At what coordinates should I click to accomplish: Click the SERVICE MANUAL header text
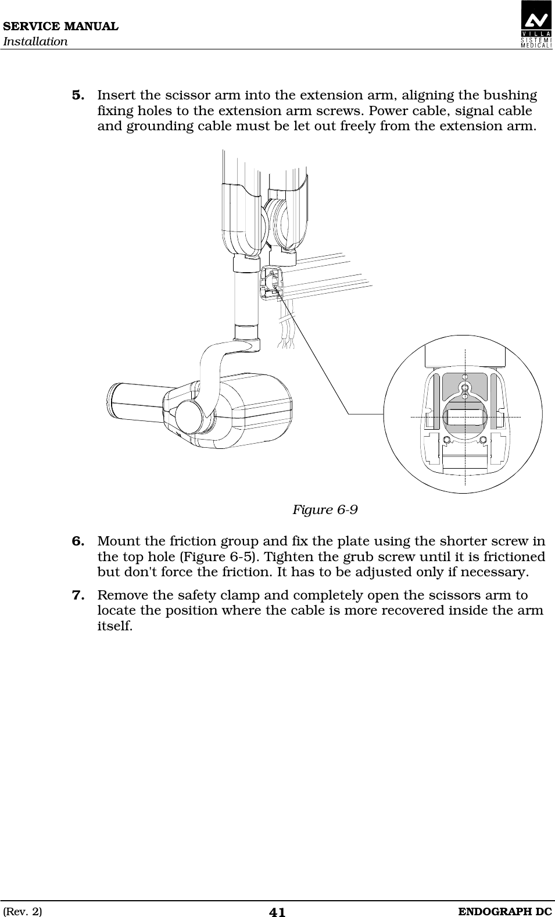pos(60,27)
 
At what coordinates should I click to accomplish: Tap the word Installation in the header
pos(35,42)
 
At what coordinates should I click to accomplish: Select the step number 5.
pos(78,95)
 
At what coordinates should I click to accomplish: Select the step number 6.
pos(78,542)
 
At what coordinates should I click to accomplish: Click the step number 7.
pos(78,595)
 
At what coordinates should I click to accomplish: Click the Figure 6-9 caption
pos(324,510)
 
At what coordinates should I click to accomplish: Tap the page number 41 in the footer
pos(277,912)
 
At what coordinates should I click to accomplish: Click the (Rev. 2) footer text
pos(23,911)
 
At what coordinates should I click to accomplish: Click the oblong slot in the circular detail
pos(464,417)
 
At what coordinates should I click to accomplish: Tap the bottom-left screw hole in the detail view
pos(446,440)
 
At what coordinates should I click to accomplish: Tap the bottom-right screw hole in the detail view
pos(482,440)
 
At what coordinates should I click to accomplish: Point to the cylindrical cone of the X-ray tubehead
pos(135,401)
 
